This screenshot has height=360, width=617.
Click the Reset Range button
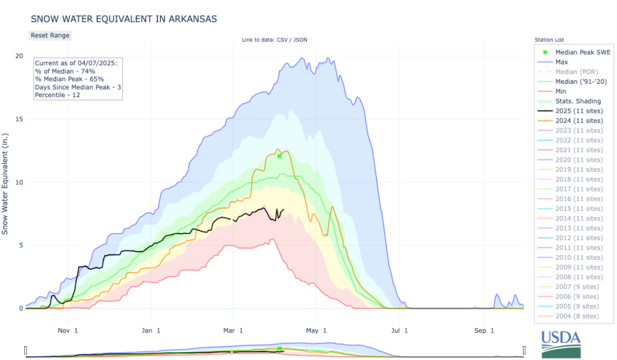[x=50, y=36]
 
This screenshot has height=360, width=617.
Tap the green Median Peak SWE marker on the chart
[x=280, y=156]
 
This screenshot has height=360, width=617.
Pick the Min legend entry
[x=562, y=92]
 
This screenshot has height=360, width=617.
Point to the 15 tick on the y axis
[x=19, y=119]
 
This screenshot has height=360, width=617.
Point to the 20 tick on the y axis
[x=19, y=56]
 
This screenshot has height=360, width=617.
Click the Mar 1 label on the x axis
[x=233, y=330]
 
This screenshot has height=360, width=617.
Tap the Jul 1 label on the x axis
[x=399, y=330]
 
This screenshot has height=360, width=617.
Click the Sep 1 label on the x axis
[x=483, y=330]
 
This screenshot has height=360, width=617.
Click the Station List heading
[x=548, y=40]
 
